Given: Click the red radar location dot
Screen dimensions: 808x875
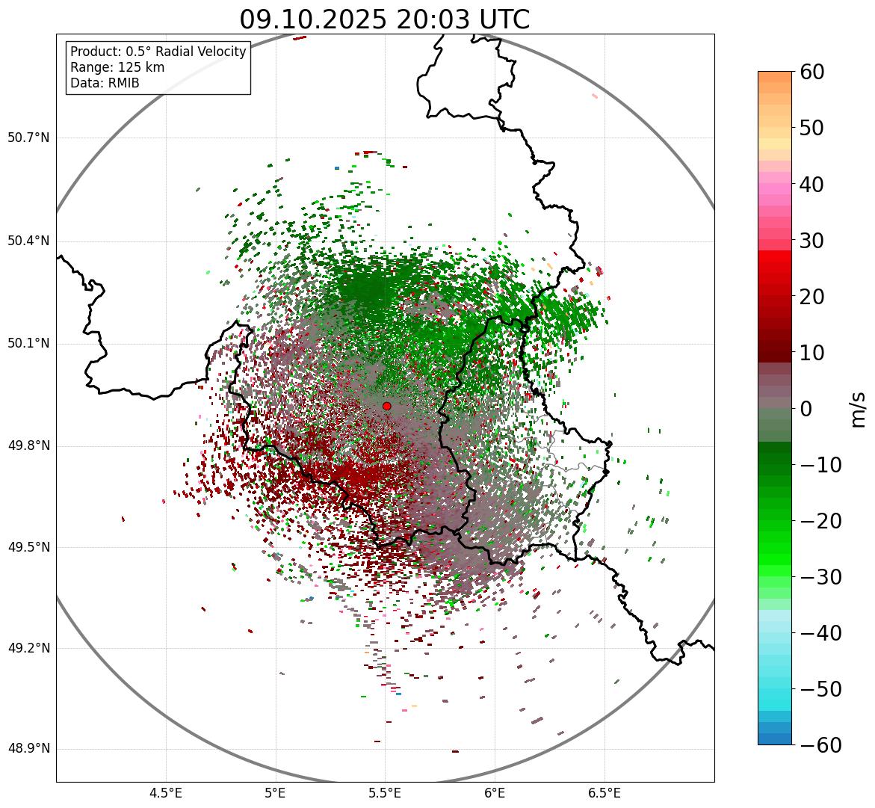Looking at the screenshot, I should pyautogui.click(x=387, y=406).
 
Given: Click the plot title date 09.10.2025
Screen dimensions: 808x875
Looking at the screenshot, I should pyautogui.click(x=313, y=19).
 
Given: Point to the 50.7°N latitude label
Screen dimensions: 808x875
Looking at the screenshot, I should pyautogui.click(x=28, y=138).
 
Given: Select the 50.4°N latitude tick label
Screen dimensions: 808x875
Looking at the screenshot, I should pyautogui.click(x=28, y=241).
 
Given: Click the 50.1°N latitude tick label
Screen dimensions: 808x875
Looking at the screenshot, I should pyautogui.click(x=28, y=344).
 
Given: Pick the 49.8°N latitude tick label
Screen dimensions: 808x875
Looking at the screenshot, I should pyautogui.click(x=28, y=446).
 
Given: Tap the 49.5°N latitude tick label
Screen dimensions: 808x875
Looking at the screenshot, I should pyautogui.click(x=28, y=547).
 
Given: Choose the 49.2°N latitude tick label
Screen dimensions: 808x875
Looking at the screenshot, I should pyautogui.click(x=28, y=648).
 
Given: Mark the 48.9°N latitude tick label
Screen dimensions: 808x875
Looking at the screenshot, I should pyautogui.click(x=28, y=749).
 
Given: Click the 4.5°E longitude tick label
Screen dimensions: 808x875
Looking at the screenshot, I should pyautogui.click(x=166, y=793).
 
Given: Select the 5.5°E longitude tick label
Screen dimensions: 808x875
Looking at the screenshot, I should pyautogui.click(x=385, y=793).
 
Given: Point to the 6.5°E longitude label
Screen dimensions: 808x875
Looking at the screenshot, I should pyautogui.click(x=604, y=793).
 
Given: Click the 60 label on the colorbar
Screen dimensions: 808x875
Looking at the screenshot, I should pyautogui.click(x=813, y=72).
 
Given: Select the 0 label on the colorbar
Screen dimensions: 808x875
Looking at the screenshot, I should pyautogui.click(x=806, y=409).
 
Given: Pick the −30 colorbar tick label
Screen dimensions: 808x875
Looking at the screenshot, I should pyautogui.click(x=820, y=577).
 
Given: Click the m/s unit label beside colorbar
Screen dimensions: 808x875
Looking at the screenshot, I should pyautogui.click(x=859, y=409).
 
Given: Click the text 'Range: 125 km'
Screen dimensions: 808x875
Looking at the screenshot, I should pyautogui.click(x=117, y=67).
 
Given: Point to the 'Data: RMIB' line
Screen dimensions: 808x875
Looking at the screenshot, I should pyautogui.click(x=105, y=83).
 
